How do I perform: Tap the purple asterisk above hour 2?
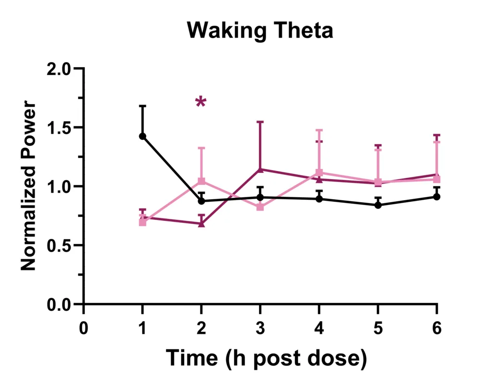click(x=201, y=102)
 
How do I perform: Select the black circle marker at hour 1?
click(x=142, y=136)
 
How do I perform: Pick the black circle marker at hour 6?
click(x=437, y=196)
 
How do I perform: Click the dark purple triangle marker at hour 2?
click(x=201, y=224)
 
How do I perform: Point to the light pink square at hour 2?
click(x=201, y=181)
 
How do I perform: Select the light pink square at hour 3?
click(x=260, y=207)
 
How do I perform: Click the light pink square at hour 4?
click(x=319, y=172)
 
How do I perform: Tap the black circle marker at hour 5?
click(x=378, y=205)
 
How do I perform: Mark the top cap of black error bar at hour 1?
click(x=142, y=106)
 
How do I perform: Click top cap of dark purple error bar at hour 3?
click(x=260, y=122)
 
